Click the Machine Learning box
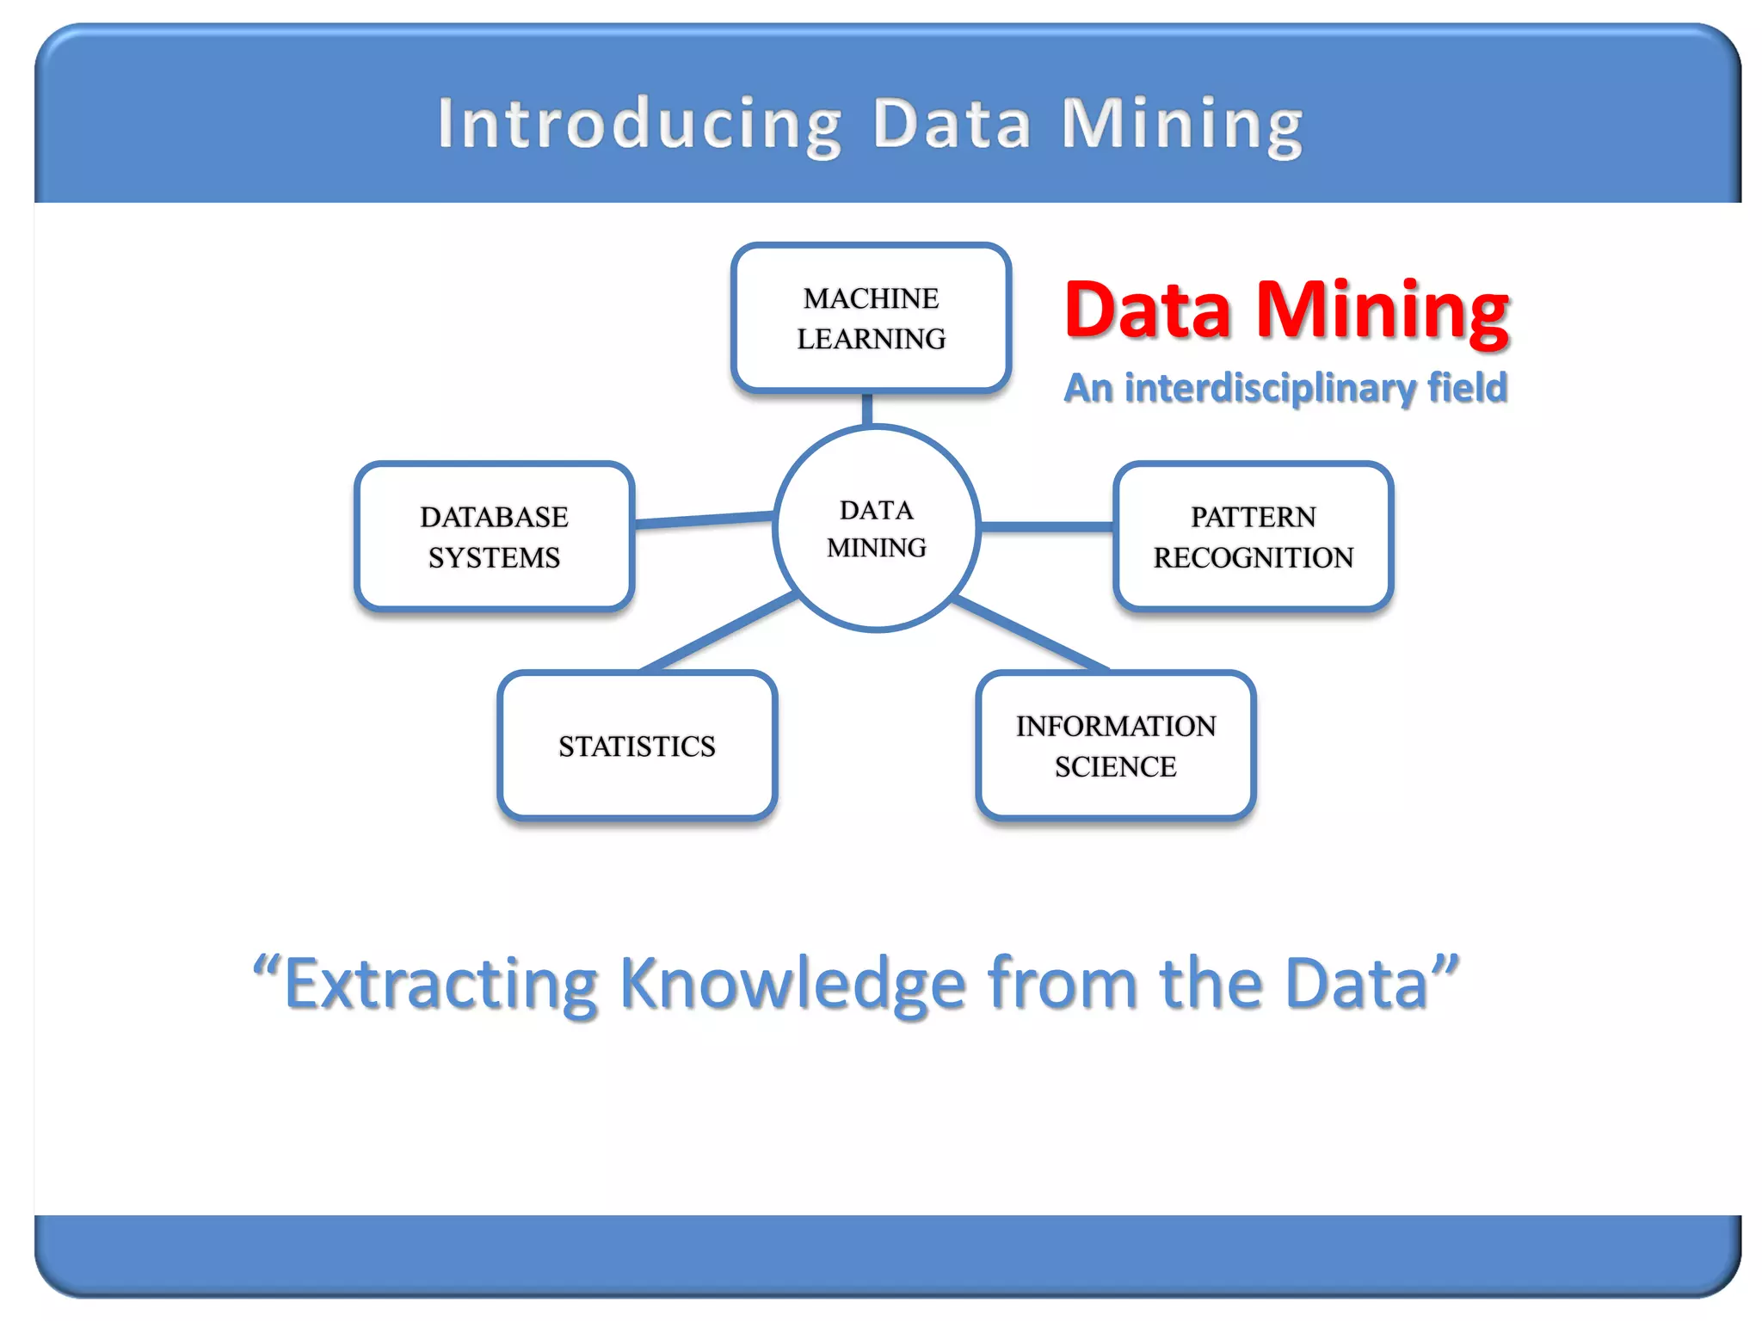click(871, 318)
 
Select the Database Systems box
click(495, 537)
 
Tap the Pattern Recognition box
click(1253, 537)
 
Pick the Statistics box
click(637, 746)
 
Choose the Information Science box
click(1116, 746)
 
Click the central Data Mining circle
click(876, 528)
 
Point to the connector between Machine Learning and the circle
click(867, 409)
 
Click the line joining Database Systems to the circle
click(704, 519)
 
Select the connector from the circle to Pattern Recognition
click(1046, 526)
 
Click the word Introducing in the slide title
click(638, 125)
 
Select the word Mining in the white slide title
click(1182, 125)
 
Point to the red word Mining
click(1383, 311)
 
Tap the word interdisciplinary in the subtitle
click(1272, 388)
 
